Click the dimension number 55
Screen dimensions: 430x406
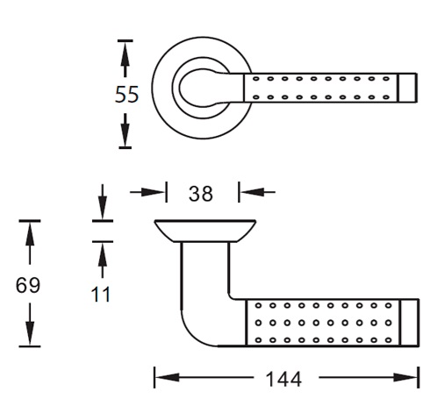[126, 94]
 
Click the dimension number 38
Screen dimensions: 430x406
[201, 194]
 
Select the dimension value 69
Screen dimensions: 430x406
[28, 285]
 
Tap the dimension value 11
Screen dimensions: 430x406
[101, 294]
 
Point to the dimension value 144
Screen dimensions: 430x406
[283, 379]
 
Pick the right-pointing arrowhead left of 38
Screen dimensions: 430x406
[152, 192]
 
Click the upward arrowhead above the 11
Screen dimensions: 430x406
[103, 254]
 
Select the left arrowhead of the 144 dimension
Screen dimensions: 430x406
[167, 377]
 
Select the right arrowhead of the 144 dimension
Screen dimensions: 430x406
[406, 377]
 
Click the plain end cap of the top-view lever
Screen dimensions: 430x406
[407, 88]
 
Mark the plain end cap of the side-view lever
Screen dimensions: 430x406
[410, 323]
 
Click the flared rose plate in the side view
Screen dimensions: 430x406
[205, 231]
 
